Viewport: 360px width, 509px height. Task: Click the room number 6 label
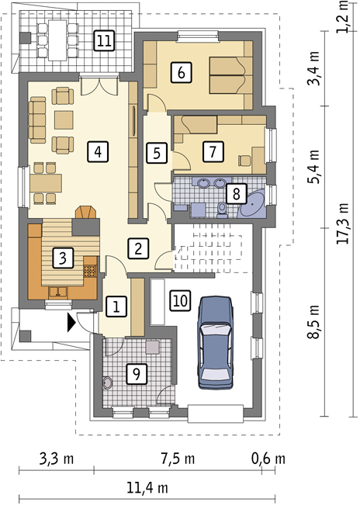click(181, 72)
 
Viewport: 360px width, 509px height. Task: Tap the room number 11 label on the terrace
click(105, 41)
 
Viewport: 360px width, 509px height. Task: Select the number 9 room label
click(137, 374)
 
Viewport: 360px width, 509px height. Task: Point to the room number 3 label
click(63, 258)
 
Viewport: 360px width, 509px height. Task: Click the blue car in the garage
click(216, 342)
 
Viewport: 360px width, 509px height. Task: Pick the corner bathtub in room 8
click(252, 205)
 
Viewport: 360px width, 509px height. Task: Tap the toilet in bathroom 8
click(223, 209)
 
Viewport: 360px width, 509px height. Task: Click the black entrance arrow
click(71, 322)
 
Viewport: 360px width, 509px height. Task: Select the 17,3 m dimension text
click(344, 223)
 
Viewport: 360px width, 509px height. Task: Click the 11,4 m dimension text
click(147, 487)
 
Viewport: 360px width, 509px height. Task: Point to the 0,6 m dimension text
click(268, 459)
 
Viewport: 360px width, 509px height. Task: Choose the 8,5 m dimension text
click(314, 322)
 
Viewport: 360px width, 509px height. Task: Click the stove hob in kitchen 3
click(90, 271)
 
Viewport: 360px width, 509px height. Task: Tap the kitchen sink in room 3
click(58, 292)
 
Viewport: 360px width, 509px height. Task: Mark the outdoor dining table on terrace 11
click(57, 40)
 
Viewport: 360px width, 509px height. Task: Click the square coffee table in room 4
click(64, 120)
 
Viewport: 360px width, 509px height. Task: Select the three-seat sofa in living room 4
click(37, 119)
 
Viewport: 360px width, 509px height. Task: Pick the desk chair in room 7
click(244, 161)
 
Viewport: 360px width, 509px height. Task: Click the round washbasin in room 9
click(108, 383)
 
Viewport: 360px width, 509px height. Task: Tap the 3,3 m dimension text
click(57, 459)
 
